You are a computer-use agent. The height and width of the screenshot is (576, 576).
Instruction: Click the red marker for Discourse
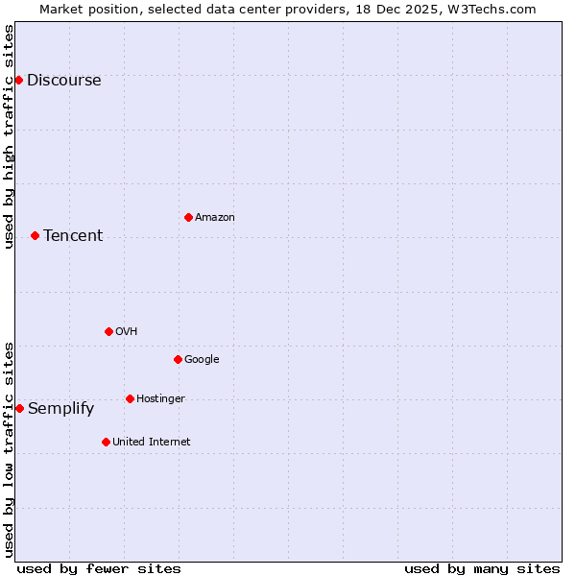[18, 80]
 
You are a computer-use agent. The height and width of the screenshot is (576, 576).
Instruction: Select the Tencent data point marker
[35, 235]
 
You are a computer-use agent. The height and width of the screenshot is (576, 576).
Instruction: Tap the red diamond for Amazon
[188, 217]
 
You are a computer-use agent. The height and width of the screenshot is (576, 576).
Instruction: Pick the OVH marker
[108, 331]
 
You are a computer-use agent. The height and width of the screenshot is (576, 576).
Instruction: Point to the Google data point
[178, 359]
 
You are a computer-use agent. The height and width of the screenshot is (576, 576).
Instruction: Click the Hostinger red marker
[130, 398]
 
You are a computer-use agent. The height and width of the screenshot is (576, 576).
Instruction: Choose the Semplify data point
[19, 408]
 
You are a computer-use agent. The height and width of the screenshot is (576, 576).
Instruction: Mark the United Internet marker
[106, 442]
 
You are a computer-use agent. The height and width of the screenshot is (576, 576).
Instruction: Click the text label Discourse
[63, 81]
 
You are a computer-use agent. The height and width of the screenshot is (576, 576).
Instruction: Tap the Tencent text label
[73, 236]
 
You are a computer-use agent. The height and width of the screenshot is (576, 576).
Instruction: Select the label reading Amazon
[214, 218]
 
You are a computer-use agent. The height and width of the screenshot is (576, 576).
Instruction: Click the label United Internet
[151, 443]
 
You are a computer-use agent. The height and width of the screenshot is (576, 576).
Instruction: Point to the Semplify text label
[60, 409]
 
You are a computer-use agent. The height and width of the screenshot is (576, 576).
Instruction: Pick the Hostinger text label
[160, 399]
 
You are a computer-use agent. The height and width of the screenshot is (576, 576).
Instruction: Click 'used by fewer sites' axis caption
[99, 568]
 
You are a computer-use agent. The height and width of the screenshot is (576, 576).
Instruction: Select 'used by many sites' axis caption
[482, 568]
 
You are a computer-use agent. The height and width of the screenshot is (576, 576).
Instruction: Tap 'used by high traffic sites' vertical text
[9, 136]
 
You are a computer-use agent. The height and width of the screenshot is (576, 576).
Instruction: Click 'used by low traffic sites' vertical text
[9, 448]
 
